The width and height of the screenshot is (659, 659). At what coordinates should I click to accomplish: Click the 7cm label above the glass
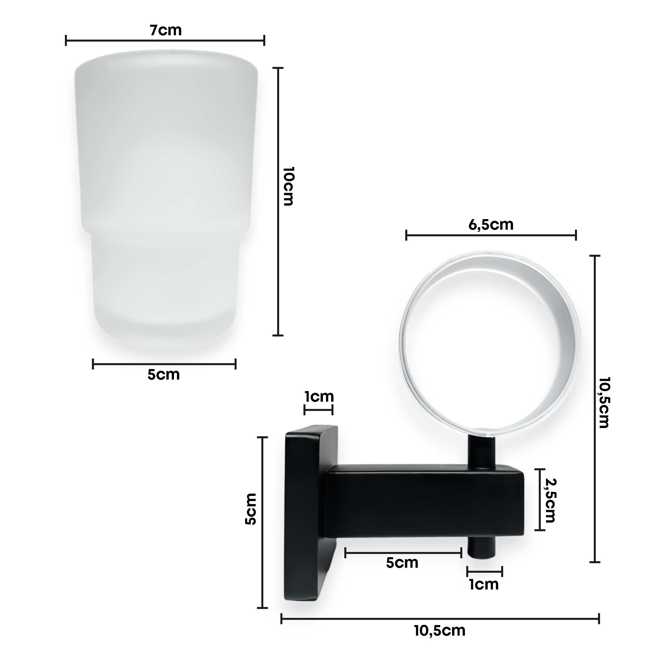tap(166, 31)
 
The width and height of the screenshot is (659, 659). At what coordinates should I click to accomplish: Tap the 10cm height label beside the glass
tap(289, 186)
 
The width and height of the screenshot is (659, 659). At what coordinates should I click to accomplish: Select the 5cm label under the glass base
tap(163, 375)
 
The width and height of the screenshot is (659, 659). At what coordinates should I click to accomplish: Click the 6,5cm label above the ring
tap(491, 225)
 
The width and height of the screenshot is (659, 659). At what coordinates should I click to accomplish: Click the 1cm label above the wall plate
tap(319, 397)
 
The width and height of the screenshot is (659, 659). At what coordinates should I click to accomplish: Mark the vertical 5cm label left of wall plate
tap(251, 514)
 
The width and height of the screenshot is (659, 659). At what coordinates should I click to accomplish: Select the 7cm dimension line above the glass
tap(165, 41)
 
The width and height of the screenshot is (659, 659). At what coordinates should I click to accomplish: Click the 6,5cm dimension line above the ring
tap(491, 235)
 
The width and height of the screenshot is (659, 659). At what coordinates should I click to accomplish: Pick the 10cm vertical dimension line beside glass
tap(278, 201)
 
